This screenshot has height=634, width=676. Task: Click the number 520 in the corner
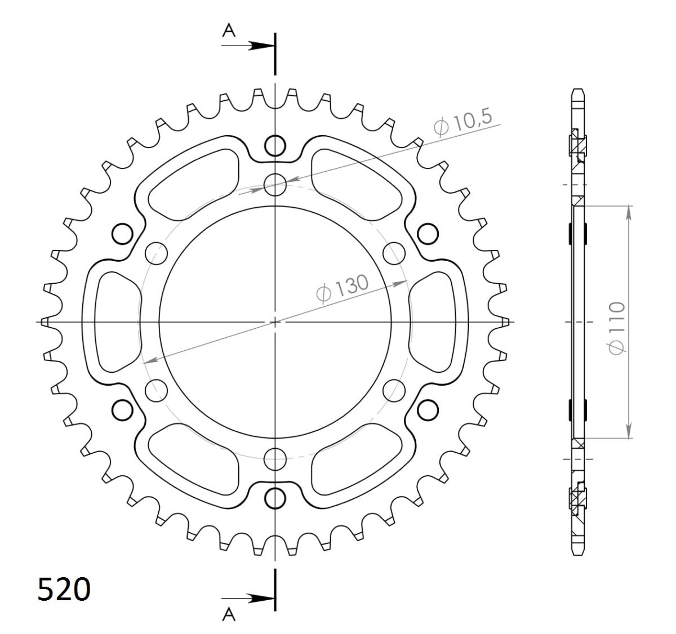tap(64, 590)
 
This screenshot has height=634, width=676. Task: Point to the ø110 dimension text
tap(617, 328)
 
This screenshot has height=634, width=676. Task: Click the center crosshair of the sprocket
tap(275, 322)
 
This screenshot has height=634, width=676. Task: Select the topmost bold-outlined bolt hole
tap(275, 145)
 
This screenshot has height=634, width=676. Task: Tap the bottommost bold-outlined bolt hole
tap(275, 498)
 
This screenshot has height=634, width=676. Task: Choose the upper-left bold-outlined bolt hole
tap(122, 233)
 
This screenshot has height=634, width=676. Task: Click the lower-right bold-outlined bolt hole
tap(428, 410)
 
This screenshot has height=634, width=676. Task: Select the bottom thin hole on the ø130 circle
tap(275, 459)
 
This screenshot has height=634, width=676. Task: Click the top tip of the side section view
tap(578, 90)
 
